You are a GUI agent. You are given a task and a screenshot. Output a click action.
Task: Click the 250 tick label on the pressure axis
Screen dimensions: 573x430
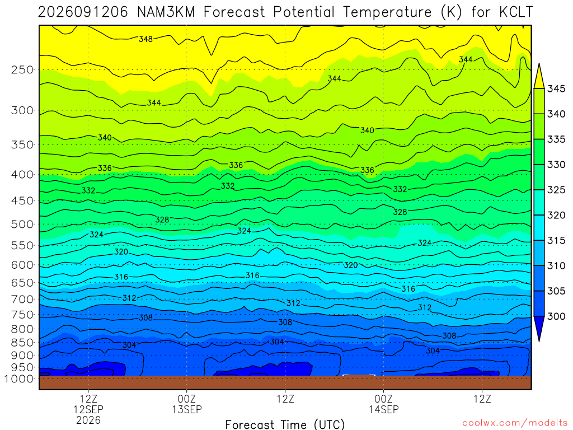click(x=22, y=69)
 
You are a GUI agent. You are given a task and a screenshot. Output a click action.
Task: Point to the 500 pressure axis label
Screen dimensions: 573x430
click(x=22, y=224)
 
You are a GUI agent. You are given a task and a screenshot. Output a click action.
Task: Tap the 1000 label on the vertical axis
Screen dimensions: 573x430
click(x=19, y=379)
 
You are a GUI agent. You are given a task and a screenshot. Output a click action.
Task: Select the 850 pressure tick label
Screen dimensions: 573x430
click(x=22, y=343)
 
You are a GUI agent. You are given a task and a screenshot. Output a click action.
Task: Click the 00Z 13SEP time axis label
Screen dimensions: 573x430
click(x=187, y=404)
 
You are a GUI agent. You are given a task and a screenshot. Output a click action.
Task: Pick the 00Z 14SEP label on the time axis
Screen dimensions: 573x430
click(x=384, y=404)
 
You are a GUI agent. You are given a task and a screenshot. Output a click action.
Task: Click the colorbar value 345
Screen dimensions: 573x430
click(x=556, y=89)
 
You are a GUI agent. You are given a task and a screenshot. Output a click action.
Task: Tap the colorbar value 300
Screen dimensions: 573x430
click(x=556, y=316)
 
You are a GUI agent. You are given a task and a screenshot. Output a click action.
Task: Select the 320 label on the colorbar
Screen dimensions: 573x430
click(x=556, y=216)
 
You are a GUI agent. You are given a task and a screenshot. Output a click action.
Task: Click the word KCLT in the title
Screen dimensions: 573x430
click(x=516, y=12)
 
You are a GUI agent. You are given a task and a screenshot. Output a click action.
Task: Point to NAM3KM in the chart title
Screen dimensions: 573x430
click(x=166, y=12)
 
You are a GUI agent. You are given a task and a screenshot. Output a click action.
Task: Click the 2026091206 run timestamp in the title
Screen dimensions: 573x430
click(x=83, y=12)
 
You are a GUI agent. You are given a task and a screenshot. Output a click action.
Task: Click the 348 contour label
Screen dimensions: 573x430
click(x=146, y=39)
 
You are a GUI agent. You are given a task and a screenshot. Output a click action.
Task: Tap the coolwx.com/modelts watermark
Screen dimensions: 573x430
click(x=515, y=423)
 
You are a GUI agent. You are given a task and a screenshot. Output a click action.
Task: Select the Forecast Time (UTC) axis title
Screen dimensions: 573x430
click(x=285, y=424)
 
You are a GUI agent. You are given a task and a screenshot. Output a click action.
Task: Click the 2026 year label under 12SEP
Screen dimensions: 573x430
click(x=88, y=420)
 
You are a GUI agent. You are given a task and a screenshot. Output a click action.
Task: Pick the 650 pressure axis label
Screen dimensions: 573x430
click(x=22, y=283)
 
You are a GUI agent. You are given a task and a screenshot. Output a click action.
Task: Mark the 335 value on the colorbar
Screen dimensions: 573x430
click(x=556, y=139)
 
